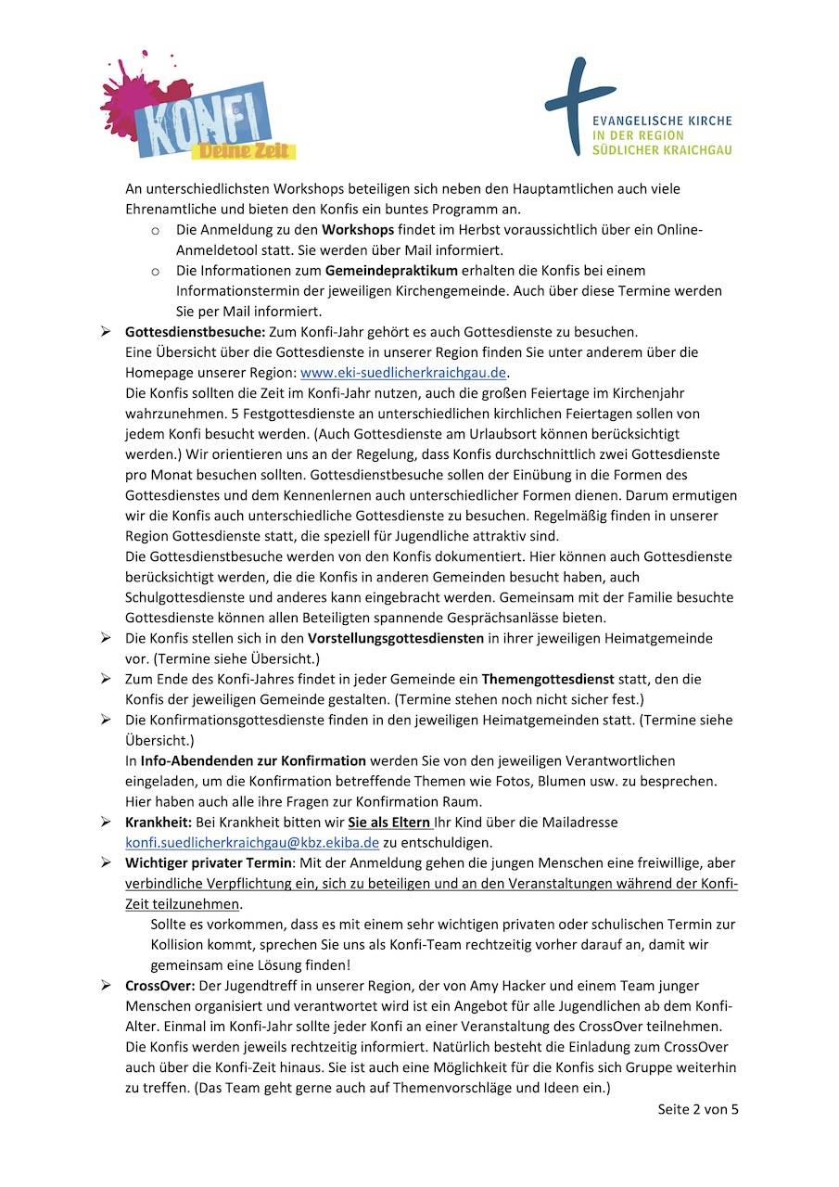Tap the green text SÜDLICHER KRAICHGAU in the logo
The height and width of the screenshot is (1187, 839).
pos(662,150)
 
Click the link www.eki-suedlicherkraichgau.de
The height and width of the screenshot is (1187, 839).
pos(404,373)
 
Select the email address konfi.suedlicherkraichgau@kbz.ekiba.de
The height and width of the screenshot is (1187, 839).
pos(252,842)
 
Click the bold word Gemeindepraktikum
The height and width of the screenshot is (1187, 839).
pos(391,271)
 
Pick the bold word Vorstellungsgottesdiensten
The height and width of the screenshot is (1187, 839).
pos(395,638)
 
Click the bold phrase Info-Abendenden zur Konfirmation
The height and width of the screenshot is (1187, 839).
pos(253,760)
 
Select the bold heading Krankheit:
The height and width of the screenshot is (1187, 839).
pos(158,822)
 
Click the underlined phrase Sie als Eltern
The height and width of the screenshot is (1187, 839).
pos(389,822)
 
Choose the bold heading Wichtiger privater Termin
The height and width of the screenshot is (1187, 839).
pos(209,862)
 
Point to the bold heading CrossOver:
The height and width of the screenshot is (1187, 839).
pos(159,985)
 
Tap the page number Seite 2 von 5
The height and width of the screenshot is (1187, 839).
pos(698,1109)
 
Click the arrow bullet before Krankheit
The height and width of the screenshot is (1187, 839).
pos(107,822)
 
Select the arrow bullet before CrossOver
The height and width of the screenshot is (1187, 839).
pos(107,985)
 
